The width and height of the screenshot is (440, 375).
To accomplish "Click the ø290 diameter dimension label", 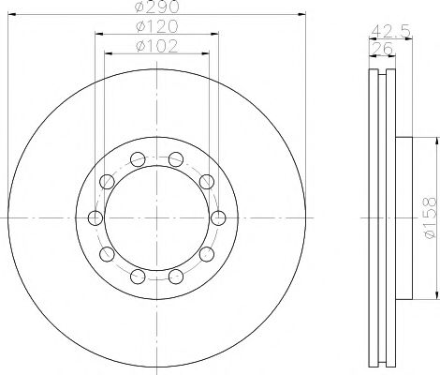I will click(156, 7).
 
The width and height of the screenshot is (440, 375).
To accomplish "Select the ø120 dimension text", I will click(156, 27).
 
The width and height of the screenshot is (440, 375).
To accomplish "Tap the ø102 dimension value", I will click(156, 46).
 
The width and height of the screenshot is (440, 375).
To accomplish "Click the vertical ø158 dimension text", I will click(429, 218).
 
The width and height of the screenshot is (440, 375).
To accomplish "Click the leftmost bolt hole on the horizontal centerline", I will click(95, 218).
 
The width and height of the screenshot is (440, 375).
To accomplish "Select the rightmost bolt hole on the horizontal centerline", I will click(218, 218).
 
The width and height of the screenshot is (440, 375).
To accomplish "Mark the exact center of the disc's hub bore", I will click(156, 218).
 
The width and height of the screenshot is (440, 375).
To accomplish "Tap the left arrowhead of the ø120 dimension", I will click(97, 35).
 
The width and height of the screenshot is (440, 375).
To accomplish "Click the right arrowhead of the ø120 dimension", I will click(215, 35).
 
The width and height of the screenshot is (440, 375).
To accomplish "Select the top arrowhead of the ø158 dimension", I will click(435, 142).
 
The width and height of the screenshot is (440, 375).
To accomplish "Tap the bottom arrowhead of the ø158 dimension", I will click(435, 296).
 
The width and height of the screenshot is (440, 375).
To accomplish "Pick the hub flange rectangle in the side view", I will click(403, 218).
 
